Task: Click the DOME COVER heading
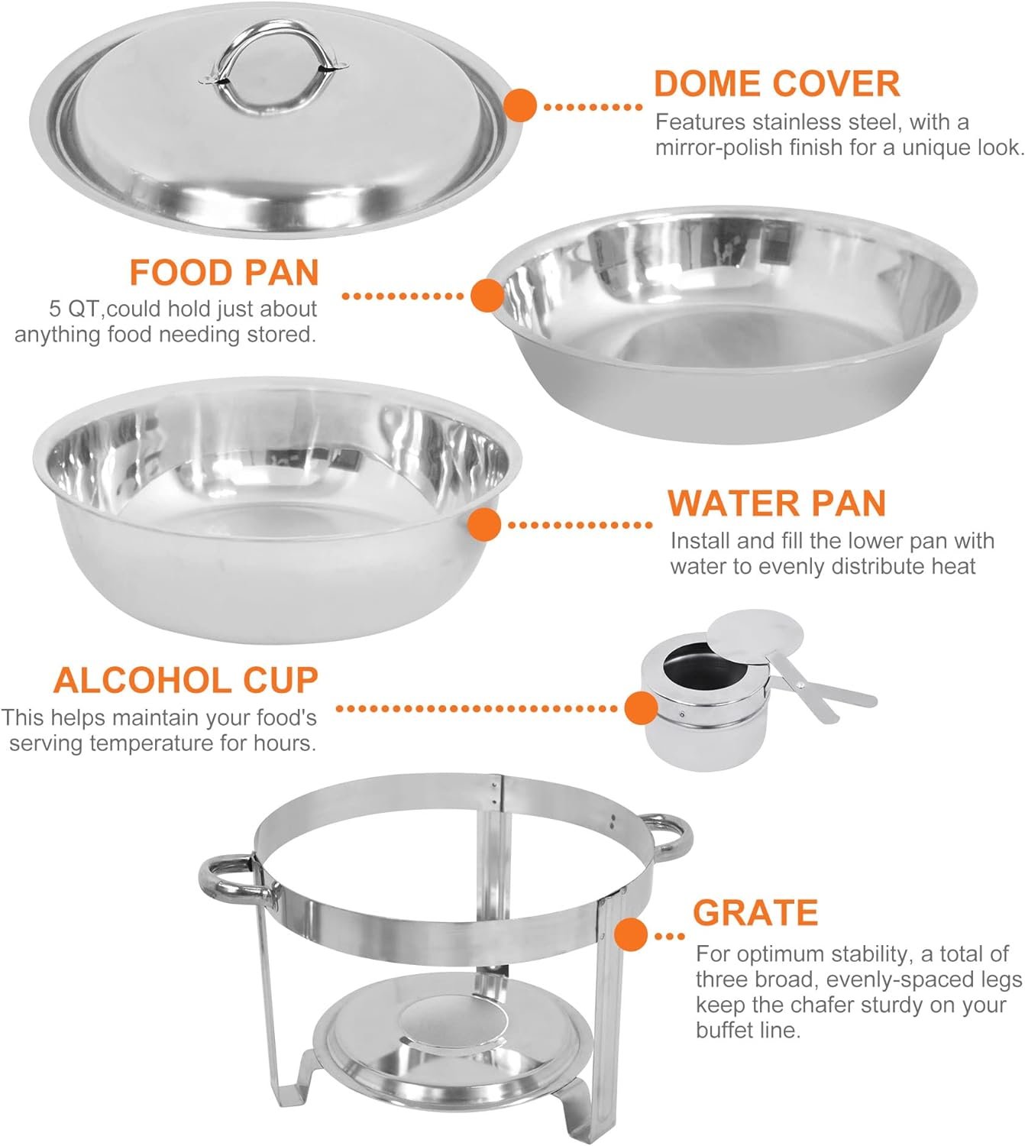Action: (x=776, y=84)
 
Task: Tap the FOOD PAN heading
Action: (x=224, y=273)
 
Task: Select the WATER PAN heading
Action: (x=776, y=503)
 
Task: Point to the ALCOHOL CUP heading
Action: (x=186, y=680)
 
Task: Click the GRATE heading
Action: (x=755, y=912)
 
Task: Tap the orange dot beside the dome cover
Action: (x=519, y=105)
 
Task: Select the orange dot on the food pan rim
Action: (x=487, y=295)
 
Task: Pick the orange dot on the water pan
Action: (x=483, y=524)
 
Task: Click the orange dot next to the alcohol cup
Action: (x=642, y=707)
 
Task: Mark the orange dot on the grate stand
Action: (x=630, y=934)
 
